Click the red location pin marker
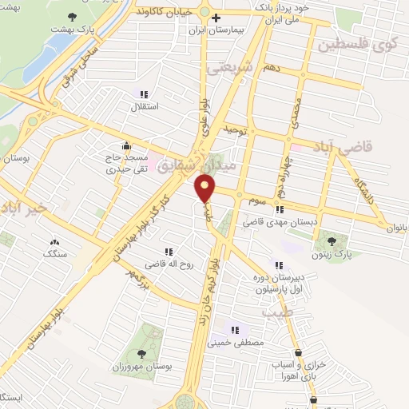click(205, 189)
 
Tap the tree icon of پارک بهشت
click(73, 17)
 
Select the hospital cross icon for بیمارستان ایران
click(215, 17)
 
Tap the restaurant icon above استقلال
click(144, 93)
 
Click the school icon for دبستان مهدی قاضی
click(280, 210)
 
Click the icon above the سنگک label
click(54, 242)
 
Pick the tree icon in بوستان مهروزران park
click(141, 354)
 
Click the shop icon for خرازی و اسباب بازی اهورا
click(298, 352)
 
